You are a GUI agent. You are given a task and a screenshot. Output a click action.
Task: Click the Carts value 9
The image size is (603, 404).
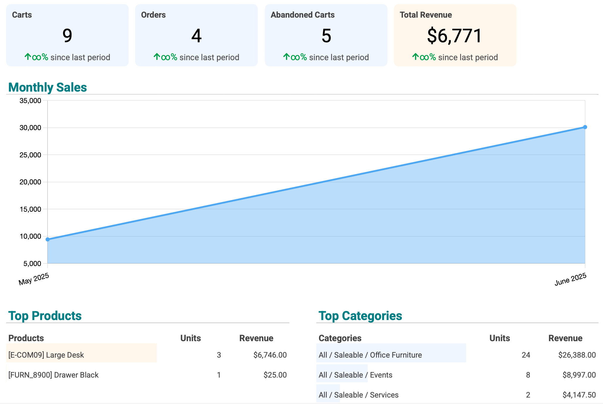coord(67,36)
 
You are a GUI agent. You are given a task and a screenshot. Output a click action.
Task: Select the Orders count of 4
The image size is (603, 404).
coord(196,36)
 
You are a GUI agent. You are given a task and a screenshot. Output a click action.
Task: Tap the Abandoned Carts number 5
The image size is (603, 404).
coord(326,36)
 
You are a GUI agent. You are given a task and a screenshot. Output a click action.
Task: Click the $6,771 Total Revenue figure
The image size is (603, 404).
coord(455,36)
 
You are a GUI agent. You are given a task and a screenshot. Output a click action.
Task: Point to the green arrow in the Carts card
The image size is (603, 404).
coord(28,57)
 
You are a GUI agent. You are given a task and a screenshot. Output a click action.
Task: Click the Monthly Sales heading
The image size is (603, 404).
coord(48,87)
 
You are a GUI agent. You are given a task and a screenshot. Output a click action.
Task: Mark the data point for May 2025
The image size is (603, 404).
coord(48,239)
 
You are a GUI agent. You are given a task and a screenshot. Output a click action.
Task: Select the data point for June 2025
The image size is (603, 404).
coord(585,127)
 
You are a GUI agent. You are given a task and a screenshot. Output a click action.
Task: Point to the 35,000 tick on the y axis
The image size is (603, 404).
coord(30,101)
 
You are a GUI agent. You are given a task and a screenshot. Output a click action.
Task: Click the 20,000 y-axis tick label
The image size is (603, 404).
coord(30,182)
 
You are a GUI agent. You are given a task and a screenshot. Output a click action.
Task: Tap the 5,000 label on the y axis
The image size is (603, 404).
coord(32,263)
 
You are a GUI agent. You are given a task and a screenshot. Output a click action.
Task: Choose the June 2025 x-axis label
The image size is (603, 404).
coord(570,279)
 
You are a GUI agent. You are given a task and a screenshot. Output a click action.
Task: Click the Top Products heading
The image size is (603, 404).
coord(45,316)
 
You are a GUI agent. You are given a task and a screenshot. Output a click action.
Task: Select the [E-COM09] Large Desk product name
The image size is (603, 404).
coord(46,355)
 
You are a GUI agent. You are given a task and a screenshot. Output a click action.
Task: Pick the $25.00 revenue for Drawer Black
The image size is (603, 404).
coord(275,375)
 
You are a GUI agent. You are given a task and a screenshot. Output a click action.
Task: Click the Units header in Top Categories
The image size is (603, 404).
coord(499,338)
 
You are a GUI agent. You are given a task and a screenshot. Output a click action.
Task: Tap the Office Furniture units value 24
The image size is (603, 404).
coord(526,355)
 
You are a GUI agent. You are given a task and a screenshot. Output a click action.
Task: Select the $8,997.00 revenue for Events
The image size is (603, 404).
coord(579,375)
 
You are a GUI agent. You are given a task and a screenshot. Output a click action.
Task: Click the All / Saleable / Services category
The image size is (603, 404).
coord(358,395)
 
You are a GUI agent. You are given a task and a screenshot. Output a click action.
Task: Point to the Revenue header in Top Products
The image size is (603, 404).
coord(256,338)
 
